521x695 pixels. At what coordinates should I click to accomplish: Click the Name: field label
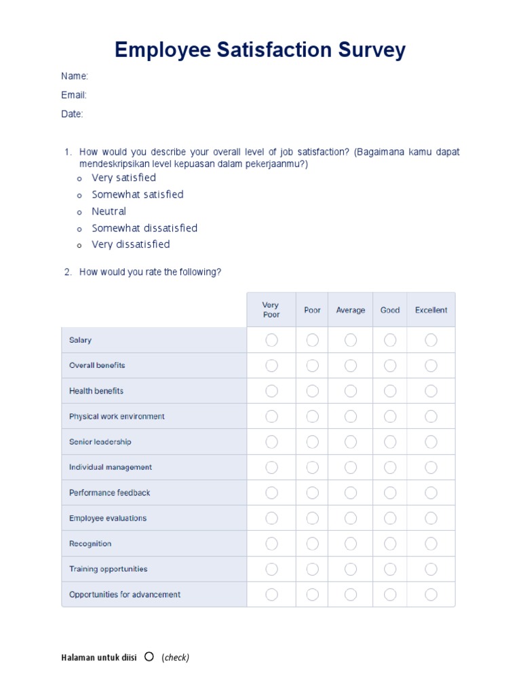75,76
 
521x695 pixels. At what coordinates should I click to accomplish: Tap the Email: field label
74,95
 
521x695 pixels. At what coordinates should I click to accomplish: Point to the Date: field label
72,114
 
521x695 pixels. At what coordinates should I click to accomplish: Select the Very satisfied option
123,178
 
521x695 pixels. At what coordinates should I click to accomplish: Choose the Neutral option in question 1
109,211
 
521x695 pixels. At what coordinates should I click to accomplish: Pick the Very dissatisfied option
130,244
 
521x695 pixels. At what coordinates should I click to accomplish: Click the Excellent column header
431,310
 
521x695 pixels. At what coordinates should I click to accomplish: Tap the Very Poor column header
271,310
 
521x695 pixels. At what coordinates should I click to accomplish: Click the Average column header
350,310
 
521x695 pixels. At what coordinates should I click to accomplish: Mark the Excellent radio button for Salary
431,340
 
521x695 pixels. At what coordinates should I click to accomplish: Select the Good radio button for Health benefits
390,391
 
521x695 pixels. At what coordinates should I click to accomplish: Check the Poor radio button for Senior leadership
312,442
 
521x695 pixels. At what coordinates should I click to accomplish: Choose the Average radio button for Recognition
350,544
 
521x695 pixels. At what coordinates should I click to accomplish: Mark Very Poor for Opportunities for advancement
271,595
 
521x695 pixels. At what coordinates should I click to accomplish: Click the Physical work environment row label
117,417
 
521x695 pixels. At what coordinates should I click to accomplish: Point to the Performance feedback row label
109,493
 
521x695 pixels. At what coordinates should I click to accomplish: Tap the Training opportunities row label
108,569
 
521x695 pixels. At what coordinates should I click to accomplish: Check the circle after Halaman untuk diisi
149,656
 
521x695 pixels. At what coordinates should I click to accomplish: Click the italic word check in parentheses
176,658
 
